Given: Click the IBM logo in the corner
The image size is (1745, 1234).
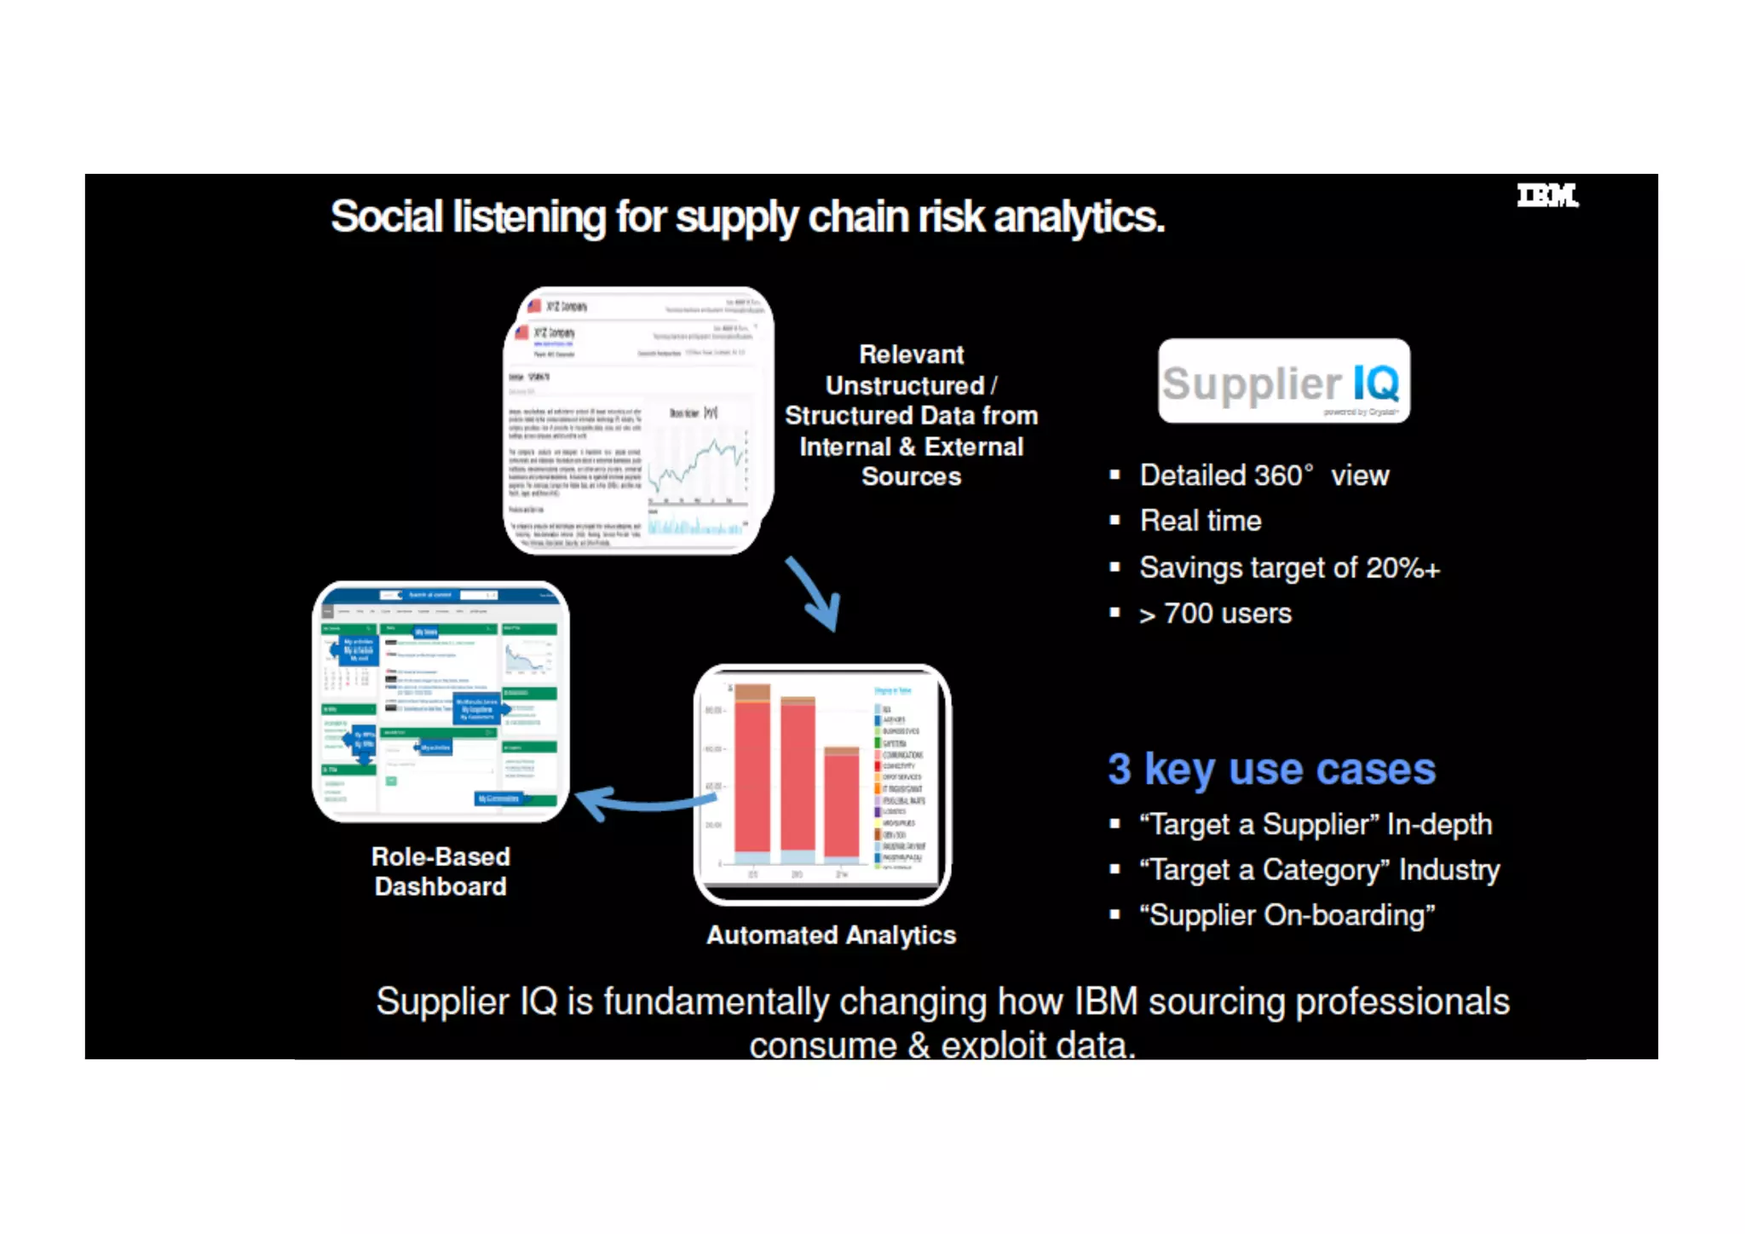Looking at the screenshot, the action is (1546, 196).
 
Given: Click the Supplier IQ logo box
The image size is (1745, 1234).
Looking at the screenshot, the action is (1283, 381).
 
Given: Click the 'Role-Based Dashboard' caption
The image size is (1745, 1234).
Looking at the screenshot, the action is (441, 871).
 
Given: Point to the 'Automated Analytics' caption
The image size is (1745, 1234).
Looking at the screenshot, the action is (831, 935).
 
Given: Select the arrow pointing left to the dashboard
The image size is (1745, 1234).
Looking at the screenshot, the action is (644, 801).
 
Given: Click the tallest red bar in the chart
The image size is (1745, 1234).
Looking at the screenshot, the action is (752, 776).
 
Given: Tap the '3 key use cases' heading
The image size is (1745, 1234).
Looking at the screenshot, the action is (1271, 769).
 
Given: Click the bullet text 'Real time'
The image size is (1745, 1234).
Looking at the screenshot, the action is (1201, 521).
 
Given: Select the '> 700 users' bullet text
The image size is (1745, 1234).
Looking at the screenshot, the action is (1215, 614).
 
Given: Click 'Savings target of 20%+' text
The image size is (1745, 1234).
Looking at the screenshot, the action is (1289, 568).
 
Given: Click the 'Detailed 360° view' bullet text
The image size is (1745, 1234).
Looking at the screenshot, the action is (1264, 476).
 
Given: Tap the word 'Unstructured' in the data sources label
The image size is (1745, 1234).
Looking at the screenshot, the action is (905, 385).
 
